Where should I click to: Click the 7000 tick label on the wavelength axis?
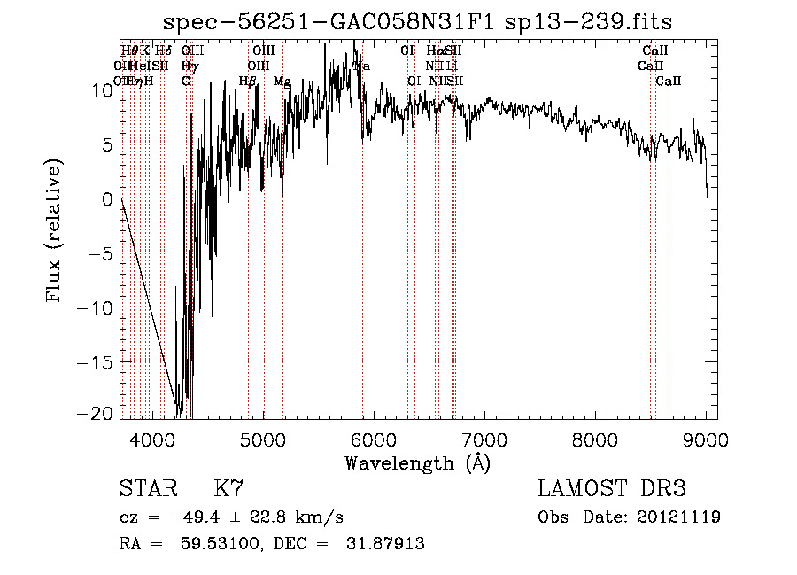[484, 439]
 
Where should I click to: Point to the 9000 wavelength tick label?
[706, 439]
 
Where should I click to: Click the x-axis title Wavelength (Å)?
[417, 462]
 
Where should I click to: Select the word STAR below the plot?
[147, 489]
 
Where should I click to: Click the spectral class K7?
[228, 489]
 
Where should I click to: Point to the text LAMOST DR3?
[611, 489]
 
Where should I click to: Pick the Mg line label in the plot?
[282, 82]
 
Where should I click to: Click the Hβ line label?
[248, 82]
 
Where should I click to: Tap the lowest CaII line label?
[669, 82]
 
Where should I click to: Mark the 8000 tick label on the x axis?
[595, 439]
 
